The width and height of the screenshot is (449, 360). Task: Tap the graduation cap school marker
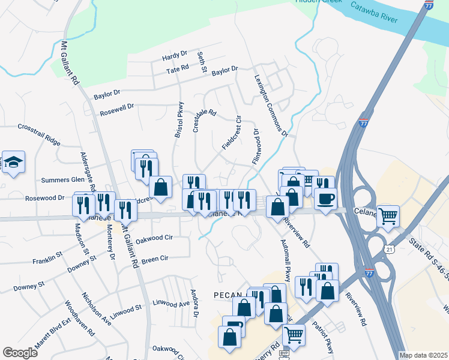click(13, 162)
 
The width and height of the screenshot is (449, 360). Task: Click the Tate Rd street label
click(177, 70)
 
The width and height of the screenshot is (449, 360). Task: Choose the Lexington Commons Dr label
click(271, 105)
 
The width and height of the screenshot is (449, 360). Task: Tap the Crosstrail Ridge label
click(39, 134)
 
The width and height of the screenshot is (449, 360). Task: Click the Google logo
click(20, 352)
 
